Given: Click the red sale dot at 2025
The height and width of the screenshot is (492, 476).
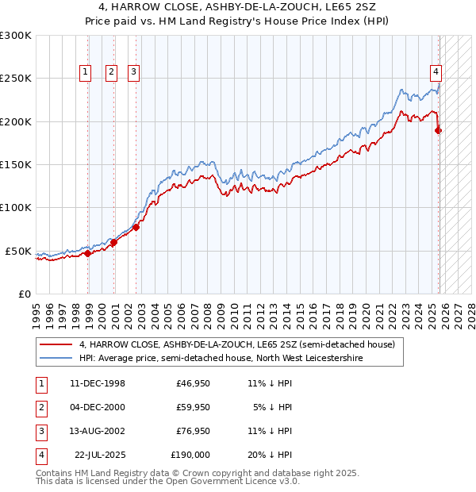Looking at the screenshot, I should tap(439, 131).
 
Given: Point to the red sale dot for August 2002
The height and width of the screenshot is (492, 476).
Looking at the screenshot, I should tap(136, 228).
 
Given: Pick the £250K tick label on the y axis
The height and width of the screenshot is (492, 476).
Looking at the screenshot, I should tap(16, 79).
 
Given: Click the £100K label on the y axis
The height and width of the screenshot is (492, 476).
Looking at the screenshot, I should tap(16, 208).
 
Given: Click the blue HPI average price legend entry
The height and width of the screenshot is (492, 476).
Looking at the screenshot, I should tap(221, 359).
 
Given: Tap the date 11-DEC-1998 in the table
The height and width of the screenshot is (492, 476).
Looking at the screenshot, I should tap(98, 383).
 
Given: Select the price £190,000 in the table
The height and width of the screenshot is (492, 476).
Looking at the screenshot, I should tap(190, 455).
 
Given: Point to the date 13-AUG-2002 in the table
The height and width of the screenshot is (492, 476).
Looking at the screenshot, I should tap(98, 431).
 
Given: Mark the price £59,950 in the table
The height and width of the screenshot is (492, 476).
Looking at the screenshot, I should tap(193, 407).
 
